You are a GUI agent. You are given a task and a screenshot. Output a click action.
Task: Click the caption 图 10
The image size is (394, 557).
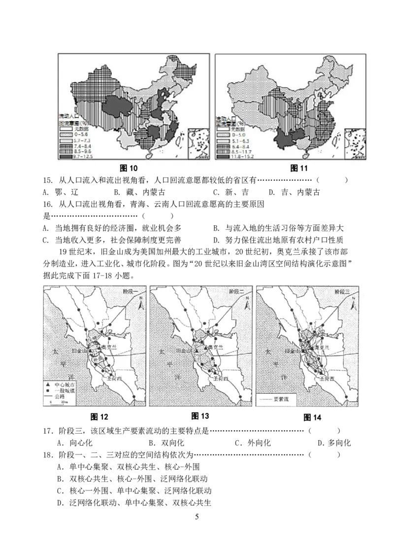click(x=129, y=168)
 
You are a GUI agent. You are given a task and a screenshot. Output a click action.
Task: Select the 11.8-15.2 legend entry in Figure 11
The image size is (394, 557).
click(x=233, y=157)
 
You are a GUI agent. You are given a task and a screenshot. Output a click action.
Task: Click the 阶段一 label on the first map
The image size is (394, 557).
click(x=134, y=292)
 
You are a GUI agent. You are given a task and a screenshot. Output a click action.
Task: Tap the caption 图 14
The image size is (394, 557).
click(x=312, y=418)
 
